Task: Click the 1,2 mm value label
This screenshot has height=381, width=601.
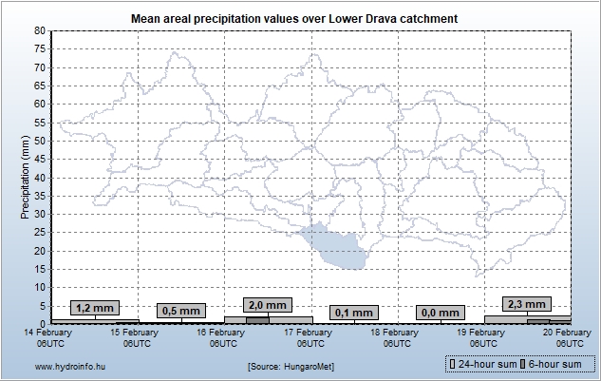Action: (95, 308)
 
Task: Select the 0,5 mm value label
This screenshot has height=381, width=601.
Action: (181, 311)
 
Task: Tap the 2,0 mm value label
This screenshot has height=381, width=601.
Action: (268, 305)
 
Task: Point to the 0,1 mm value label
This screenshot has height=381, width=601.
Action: (354, 312)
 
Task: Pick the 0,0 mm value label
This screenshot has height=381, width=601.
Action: (441, 312)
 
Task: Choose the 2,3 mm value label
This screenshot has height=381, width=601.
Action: (527, 304)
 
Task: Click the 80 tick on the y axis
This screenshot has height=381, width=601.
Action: (39, 30)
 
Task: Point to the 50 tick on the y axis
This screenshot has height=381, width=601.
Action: (39, 141)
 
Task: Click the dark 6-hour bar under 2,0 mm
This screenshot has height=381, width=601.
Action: (256, 319)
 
